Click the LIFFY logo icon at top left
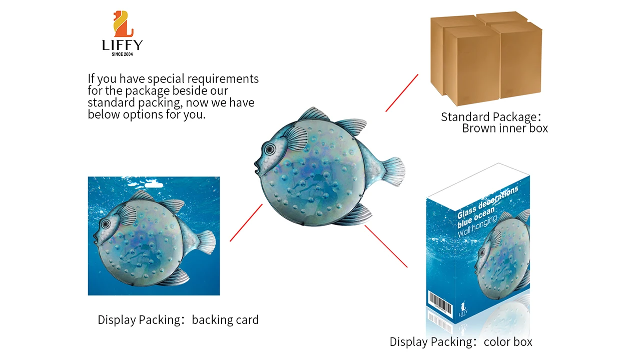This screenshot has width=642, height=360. pos(123,24)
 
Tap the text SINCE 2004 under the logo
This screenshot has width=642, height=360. pos(123,54)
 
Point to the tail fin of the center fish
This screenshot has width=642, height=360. pos(393,169)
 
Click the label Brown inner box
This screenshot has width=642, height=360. pos(505,128)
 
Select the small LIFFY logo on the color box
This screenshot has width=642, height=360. pos(463,309)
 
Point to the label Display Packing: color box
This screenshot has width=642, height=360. pos(461,342)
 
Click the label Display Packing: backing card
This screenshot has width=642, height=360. pos(178,320)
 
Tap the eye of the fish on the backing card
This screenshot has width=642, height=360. pos(106,223)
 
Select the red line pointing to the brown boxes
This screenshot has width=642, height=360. pos(401,93)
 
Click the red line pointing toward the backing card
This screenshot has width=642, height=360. pos(246,222)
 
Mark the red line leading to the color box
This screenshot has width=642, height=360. pos(386,246)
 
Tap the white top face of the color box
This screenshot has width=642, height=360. pos(478,179)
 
